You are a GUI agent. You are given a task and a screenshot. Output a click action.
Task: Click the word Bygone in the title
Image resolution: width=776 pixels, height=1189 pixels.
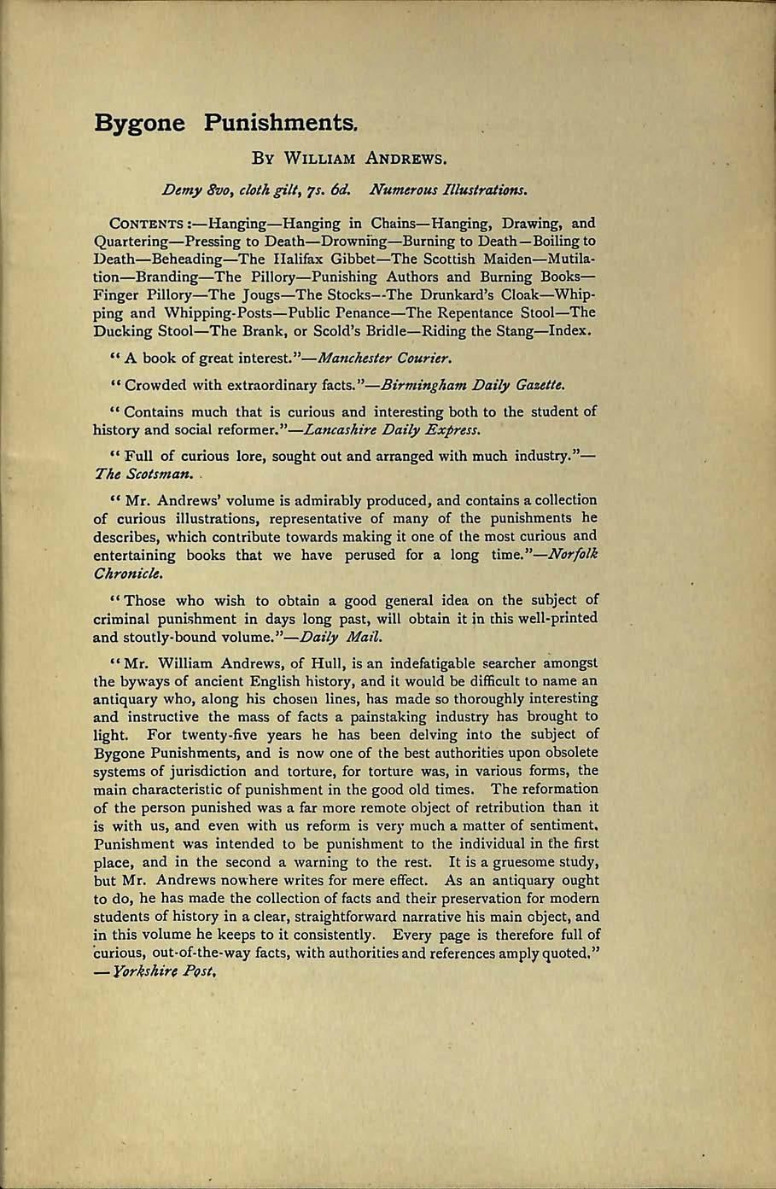tap(139, 122)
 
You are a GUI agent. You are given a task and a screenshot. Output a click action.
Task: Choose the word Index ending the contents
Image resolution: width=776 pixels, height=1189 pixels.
tap(569, 330)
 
